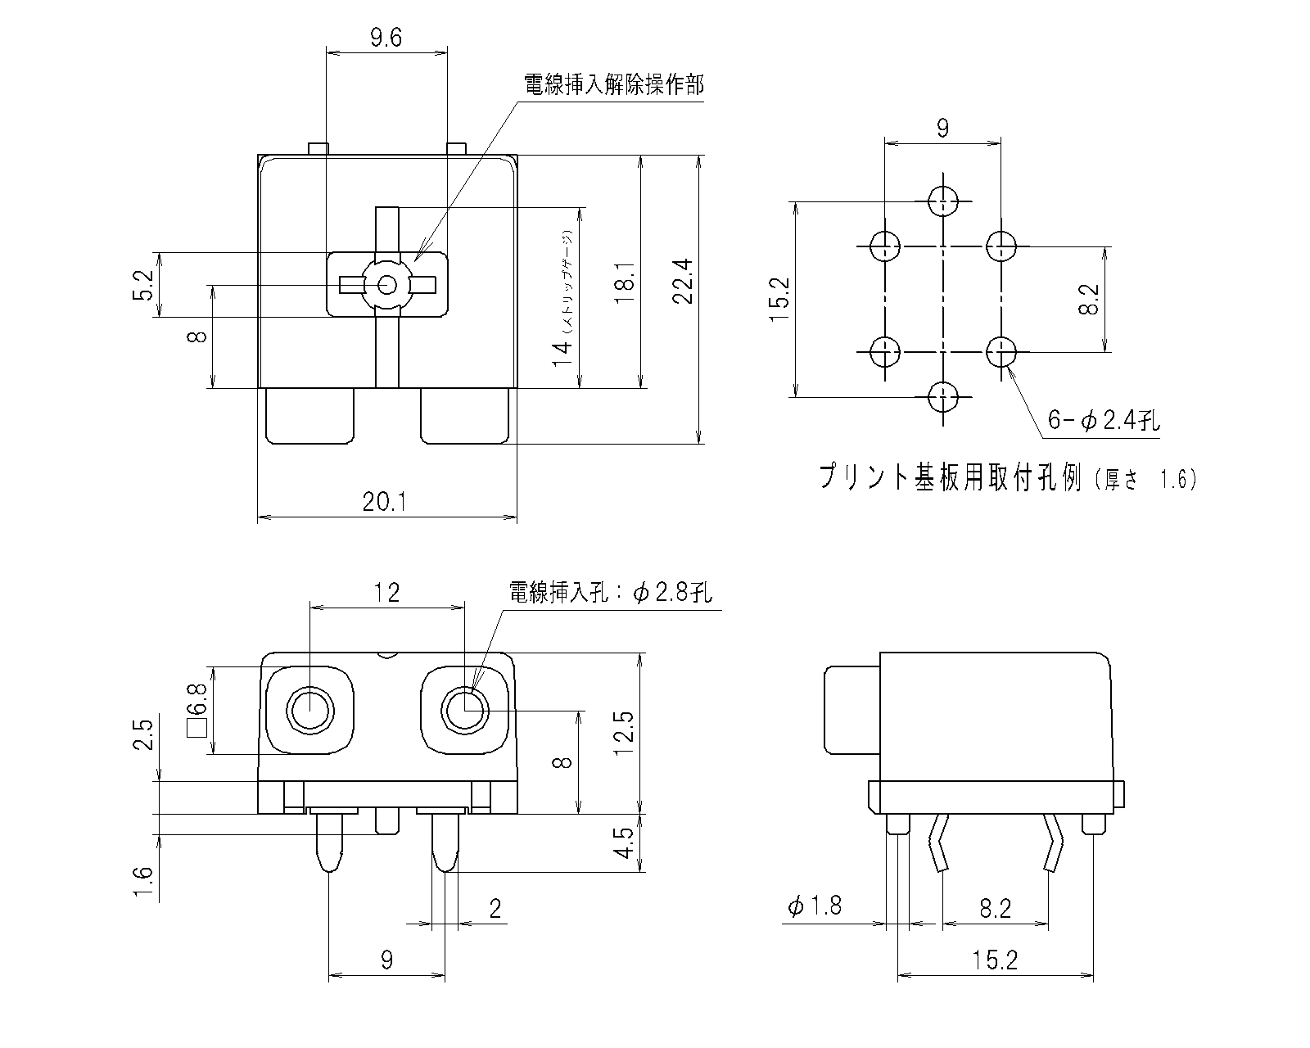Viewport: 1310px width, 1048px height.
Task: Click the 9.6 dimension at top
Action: (386, 38)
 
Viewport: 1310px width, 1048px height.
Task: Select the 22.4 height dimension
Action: (684, 282)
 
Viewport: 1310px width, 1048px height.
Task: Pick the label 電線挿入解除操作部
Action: (613, 85)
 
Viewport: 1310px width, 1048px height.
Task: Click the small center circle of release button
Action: (388, 285)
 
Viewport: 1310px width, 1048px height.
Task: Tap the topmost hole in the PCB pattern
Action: (943, 200)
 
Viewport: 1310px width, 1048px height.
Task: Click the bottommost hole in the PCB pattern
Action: (943, 398)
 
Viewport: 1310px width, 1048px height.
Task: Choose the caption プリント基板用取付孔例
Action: (950, 477)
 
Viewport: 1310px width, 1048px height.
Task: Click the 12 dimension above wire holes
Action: (386, 592)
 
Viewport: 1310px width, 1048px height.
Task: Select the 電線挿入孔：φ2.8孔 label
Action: (610, 592)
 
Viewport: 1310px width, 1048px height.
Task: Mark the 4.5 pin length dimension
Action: (625, 843)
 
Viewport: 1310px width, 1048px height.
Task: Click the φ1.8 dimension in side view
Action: (814, 906)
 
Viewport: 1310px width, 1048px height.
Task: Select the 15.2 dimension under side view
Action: (996, 960)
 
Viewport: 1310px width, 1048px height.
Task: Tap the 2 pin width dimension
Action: (494, 908)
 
